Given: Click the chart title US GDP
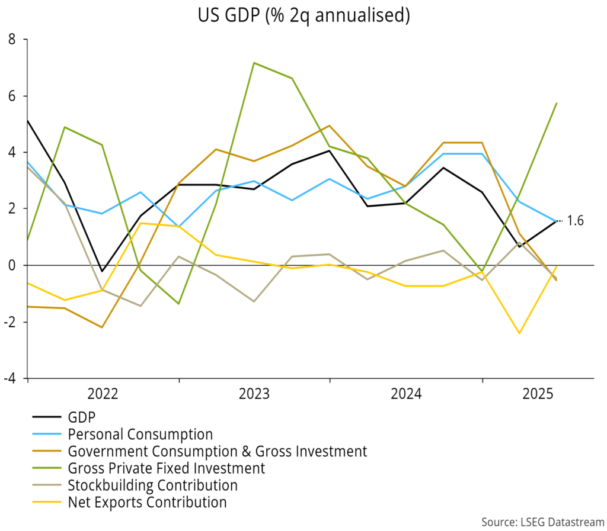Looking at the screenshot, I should pyautogui.click(x=303, y=15).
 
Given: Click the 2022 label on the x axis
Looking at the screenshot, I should pyautogui.click(x=103, y=394).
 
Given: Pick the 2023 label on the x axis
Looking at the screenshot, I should pyautogui.click(x=255, y=394).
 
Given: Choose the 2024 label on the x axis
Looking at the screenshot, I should pyautogui.click(x=406, y=394).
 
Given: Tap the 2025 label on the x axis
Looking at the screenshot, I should pyautogui.click(x=538, y=394).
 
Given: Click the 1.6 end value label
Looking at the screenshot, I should pyautogui.click(x=575, y=221).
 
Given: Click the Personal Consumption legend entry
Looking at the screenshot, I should pyautogui.click(x=140, y=434).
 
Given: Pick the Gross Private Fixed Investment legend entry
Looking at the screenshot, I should pyautogui.click(x=166, y=468).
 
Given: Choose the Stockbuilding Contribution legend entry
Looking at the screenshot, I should pyautogui.click(x=152, y=485).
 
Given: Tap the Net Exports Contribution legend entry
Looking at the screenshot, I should pyautogui.click(x=147, y=503).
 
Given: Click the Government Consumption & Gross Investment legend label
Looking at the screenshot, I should pyautogui.click(x=218, y=451).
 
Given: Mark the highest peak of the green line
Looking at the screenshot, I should pyautogui.click(x=254, y=63).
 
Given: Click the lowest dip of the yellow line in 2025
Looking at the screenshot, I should pyautogui.click(x=519, y=333).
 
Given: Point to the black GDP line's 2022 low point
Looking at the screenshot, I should pyautogui.click(x=103, y=271).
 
